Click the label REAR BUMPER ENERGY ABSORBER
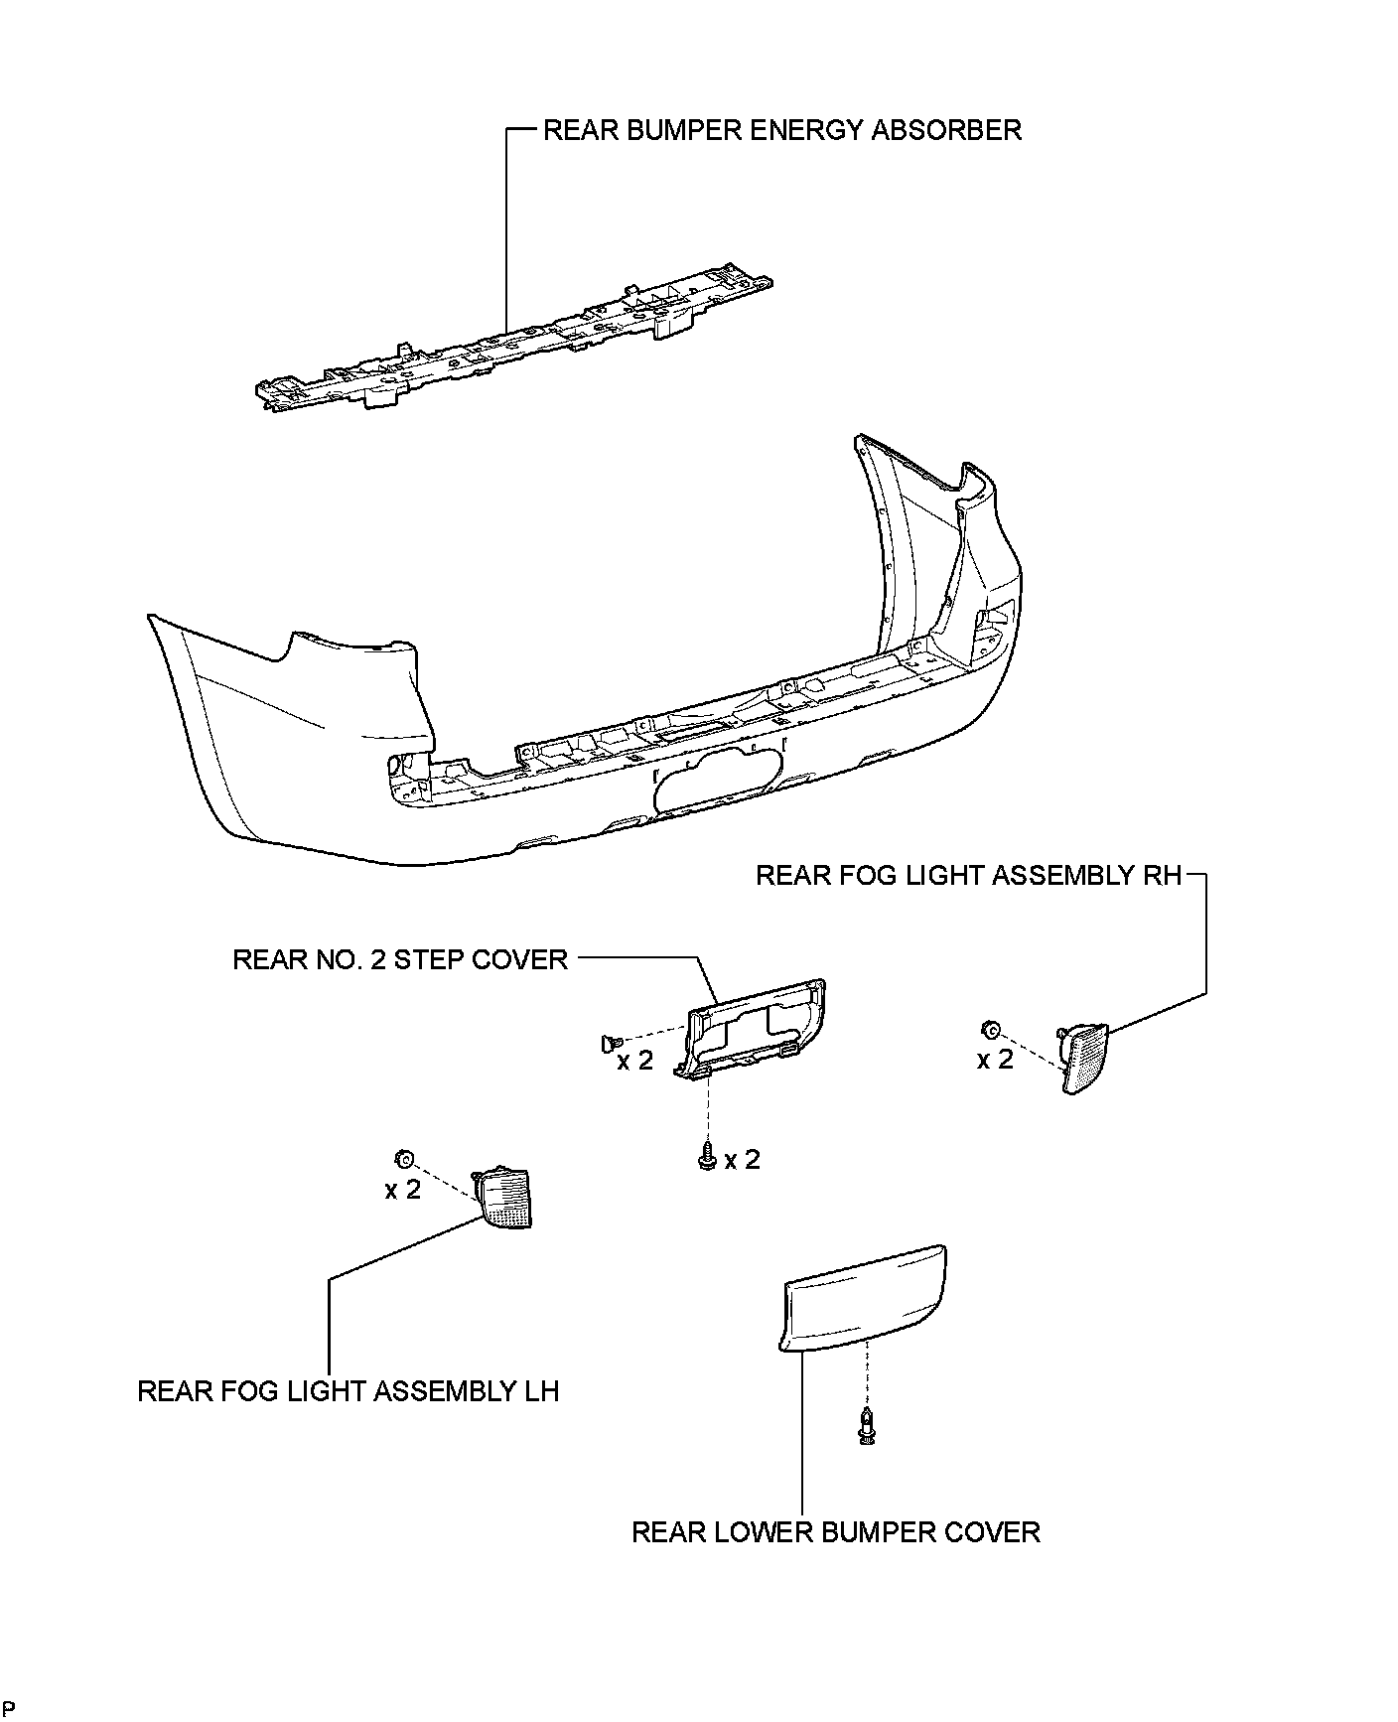click(781, 130)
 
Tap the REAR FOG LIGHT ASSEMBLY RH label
click(968, 876)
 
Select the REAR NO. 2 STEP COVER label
click(399, 959)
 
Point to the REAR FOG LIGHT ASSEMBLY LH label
click(348, 1391)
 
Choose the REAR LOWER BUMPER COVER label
click(835, 1532)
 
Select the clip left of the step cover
click(609, 1042)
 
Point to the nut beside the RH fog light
click(990, 1029)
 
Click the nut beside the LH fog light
click(404, 1158)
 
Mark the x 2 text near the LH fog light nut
click(403, 1189)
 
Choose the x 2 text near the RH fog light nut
click(995, 1060)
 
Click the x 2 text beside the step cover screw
click(742, 1160)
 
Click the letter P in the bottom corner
click(9, 1708)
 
